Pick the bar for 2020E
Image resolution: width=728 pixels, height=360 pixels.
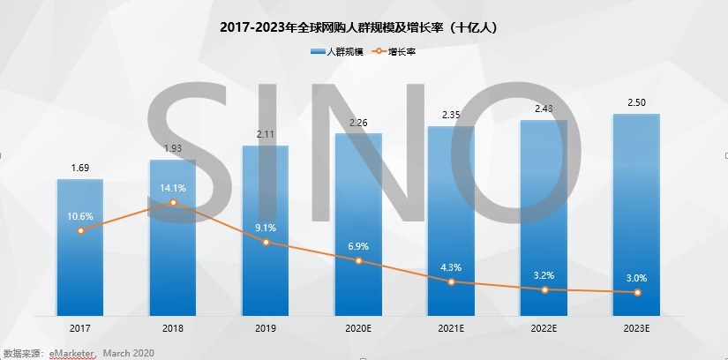pos(358,224)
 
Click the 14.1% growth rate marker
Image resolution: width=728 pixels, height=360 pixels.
pos(173,202)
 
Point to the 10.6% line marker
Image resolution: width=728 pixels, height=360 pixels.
pos(80,230)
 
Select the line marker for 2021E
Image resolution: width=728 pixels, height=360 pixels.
pos(451,281)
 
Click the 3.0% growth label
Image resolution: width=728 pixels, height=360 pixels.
pos(636,277)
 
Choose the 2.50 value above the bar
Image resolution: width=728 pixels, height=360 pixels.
pos(636,103)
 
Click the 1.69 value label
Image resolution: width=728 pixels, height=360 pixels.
pos(80,168)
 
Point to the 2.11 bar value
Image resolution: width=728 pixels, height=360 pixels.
pos(266,134)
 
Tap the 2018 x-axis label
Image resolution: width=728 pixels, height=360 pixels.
pos(173,327)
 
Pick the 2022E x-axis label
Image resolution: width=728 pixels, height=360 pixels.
pos(544,327)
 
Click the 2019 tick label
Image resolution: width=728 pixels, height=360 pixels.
pos(266,327)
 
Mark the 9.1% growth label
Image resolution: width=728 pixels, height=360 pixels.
pos(266,228)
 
